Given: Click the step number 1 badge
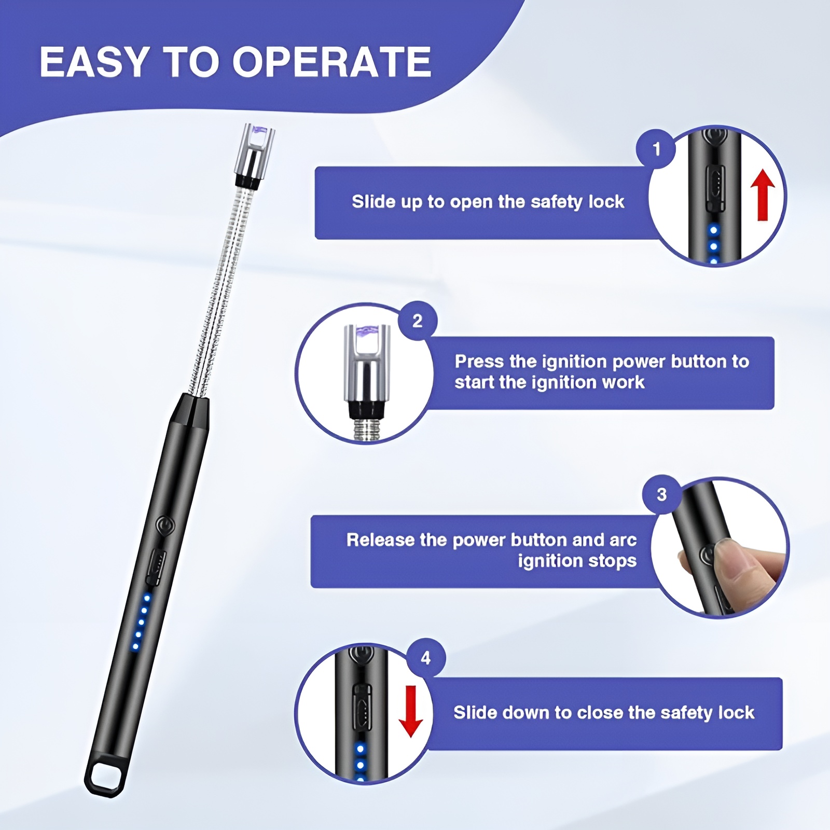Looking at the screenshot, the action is (x=656, y=149).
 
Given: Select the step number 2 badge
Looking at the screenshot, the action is (x=418, y=321).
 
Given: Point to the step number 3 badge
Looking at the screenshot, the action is (x=661, y=494).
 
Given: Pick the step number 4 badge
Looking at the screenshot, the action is (x=426, y=658).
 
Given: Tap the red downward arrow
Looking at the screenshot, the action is (x=411, y=711).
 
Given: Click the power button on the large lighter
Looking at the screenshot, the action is (x=165, y=525).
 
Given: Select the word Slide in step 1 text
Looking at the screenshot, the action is (x=374, y=201).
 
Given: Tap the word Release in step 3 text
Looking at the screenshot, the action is (x=381, y=540).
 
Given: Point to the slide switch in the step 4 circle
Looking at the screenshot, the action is (x=362, y=704).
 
